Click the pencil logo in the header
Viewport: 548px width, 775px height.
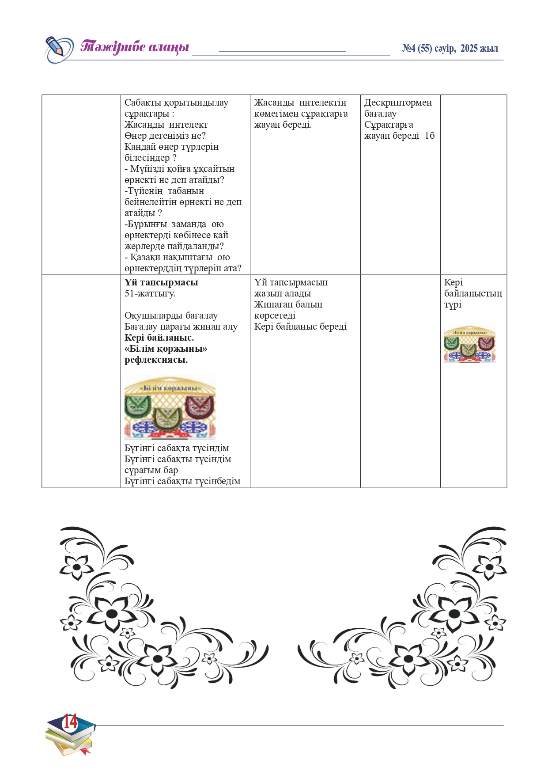(x=59, y=49)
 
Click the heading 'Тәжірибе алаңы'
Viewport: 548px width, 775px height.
(x=135, y=47)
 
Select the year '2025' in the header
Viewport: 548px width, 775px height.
(x=469, y=49)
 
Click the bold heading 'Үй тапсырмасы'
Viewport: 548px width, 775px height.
(x=161, y=282)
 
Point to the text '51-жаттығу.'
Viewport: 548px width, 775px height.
(x=150, y=293)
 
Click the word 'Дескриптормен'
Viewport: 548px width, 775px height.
(x=398, y=103)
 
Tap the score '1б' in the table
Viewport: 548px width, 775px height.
(x=430, y=136)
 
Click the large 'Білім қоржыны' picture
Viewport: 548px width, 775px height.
(x=170, y=407)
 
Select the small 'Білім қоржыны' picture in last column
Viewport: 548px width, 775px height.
(x=469, y=344)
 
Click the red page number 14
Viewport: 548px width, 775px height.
(x=70, y=722)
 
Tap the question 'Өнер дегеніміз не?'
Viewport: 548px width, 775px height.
(x=165, y=136)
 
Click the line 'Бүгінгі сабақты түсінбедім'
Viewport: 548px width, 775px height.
(x=182, y=481)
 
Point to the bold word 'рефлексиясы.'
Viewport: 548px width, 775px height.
(x=156, y=360)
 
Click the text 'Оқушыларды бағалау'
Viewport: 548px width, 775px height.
(x=171, y=315)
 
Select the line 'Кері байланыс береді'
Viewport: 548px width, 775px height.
(x=300, y=327)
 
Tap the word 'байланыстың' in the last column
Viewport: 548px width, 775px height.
(x=473, y=293)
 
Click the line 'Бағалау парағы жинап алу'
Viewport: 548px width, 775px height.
(x=181, y=327)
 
